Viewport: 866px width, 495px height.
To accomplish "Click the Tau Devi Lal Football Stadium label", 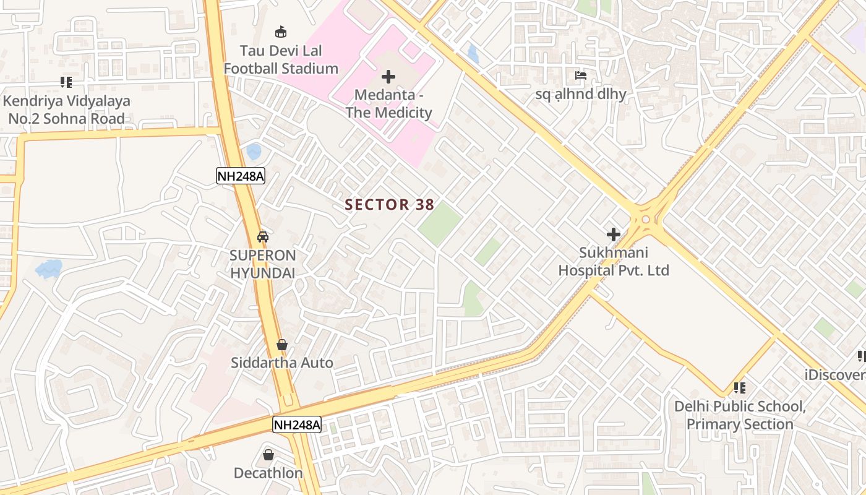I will click(x=281, y=59).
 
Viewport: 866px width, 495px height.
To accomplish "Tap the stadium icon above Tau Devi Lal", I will click(x=281, y=32).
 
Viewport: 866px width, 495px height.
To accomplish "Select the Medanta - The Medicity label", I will click(x=388, y=104).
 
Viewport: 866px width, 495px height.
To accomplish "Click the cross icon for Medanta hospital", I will click(x=388, y=77).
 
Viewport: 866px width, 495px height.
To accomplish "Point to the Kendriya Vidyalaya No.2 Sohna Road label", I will click(x=67, y=110).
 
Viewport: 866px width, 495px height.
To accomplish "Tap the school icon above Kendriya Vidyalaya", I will click(x=66, y=82).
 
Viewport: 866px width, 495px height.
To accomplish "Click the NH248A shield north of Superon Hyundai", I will click(x=241, y=176).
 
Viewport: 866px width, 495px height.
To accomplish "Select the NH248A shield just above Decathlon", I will click(x=297, y=424).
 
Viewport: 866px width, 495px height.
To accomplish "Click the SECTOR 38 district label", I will click(x=389, y=204).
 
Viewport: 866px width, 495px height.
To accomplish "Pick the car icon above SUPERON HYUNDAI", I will click(x=263, y=236).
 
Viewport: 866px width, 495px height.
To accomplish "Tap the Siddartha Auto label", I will click(x=282, y=363).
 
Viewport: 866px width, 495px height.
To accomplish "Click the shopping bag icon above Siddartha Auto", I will click(x=282, y=345).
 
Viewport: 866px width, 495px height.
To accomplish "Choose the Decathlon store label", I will click(x=268, y=473).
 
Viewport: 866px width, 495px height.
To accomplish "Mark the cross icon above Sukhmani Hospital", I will click(x=614, y=235).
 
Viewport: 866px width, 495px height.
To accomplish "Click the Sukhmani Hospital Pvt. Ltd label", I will click(x=614, y=262).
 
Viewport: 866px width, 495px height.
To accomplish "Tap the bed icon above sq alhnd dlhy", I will click(x=581, y=75).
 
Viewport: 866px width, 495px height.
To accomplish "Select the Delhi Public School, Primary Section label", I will click(x=740, y=415).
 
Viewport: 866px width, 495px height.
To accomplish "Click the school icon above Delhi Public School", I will click(x=739, y=388).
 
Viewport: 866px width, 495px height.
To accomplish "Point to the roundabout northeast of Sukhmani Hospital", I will click(x=646, y=218).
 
